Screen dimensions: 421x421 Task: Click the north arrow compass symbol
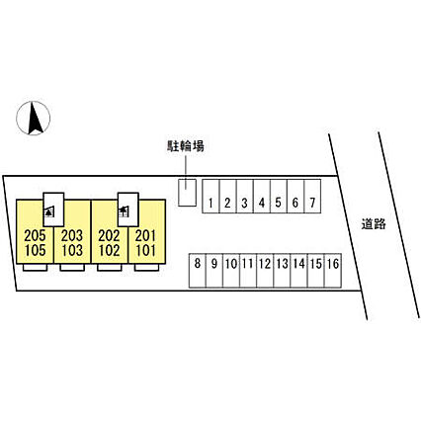pyautogui.click(x=34, y=118)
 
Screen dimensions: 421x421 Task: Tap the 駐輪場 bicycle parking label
pyautogui.click(x=186, y=146)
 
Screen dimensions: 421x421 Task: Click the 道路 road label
pyautogui.click(x=374, y=224)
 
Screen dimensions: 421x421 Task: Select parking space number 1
pyautogui.click(x=210, y=197)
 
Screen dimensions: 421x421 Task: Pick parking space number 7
pyautogui.click(x=312, y=197)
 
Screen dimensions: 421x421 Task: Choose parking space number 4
pyautogui.click(x=262, y=197)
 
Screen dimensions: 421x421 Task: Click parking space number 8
pyautogui.click(x=198, y=271)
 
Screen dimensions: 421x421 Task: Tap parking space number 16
pyautogui.click(x=333, y=271)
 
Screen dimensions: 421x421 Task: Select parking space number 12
pyautogui.click(x=265, y=271)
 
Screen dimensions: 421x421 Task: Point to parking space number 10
pyautogui.click(x=231, y=271)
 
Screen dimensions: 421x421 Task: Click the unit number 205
pyautogui.click(x=35, y=236)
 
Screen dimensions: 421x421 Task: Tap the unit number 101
pyautogui.click(x=145, y=251)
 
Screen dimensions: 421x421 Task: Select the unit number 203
pyautogui.click(x=72, y=236)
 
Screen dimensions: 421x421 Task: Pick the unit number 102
pyautogui.click(x=109, y=251)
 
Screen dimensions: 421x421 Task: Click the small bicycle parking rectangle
pyautogui.click(x=187, y=193)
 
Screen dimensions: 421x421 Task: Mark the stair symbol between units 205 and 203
pyautogui.click(x=49, y=211)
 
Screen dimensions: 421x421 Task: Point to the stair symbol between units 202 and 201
pyautogui.click(x=124, y=211)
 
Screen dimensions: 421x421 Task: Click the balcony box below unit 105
pyautogui.click(x=35, y=267)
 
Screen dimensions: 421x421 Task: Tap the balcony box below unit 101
pyautogui.click(x=147, y=267)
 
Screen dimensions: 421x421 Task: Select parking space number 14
pyautogui.click(x=299, y=271)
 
